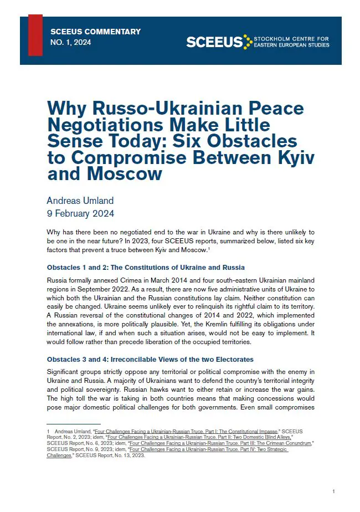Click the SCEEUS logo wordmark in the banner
pos(214,42)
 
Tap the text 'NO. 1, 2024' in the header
pos(71,42)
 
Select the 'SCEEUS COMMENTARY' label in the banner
pos(95,32)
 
